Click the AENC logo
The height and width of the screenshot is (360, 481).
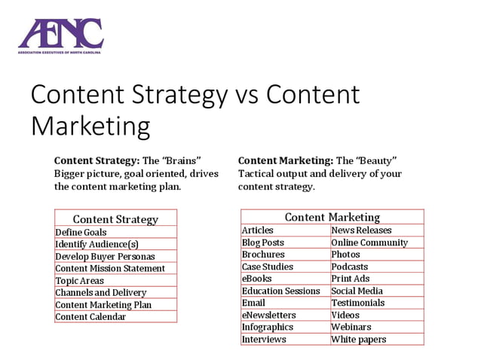(x=60, y=35)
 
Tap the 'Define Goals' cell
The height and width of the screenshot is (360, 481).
(x=81, y=232)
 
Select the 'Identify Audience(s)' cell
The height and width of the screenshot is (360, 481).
(x=97, y=244)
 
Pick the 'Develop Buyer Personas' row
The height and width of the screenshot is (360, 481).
(x=105, y=256)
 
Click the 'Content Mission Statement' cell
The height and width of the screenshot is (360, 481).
(x=110, y=268)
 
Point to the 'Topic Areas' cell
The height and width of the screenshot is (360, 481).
(x=79, y=280)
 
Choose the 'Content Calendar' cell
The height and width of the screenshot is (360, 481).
(x=90, y=316)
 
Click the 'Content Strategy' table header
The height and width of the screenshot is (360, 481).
(x=115, y=219)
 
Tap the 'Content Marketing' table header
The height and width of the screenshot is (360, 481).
(x=332, y=217)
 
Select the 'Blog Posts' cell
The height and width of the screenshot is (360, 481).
(x=263, y=243)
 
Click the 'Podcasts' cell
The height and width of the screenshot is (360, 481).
(x=350, y=267)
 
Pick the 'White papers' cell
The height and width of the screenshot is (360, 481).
(x=358, y=339)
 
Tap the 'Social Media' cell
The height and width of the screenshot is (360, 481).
(x=357, y=291)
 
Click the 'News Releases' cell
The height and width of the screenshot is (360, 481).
(x=361, y=230)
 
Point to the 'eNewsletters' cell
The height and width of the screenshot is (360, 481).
(x=268, y=315)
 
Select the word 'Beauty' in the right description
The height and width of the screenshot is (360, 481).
(x=377, y=160)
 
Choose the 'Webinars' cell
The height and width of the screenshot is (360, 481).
(x=351, y=327)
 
